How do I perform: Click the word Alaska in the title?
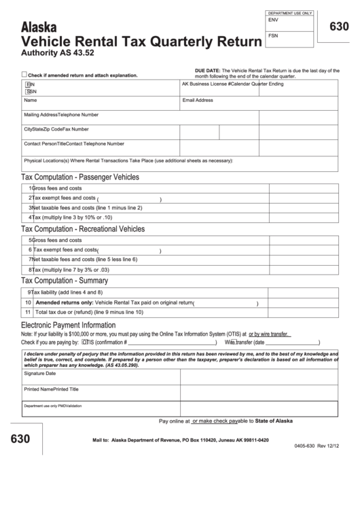[x=40, y=27]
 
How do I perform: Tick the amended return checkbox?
[x=24, y=75]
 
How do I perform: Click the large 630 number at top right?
[x=339, y=27]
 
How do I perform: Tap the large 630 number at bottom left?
[x=20, y=439]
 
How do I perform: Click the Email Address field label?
[x=198, y=100]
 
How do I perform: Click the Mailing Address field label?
[x=41, y=115]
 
